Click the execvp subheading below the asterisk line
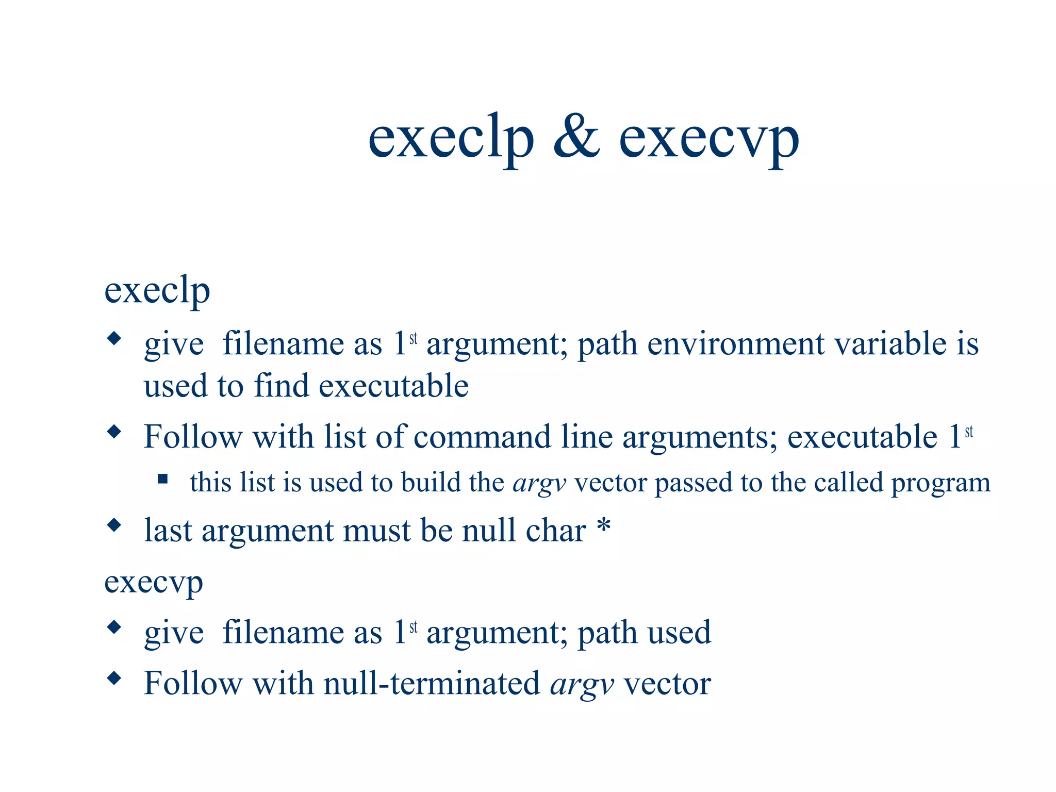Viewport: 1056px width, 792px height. click(154, 583)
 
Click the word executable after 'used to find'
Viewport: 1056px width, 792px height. click(394, 386)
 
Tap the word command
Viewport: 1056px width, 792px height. click(482, 437)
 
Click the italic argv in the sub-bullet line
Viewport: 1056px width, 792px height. click(539, 484)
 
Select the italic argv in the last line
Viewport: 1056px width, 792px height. click(582, 685)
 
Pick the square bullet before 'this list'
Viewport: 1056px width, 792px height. click(163, 480)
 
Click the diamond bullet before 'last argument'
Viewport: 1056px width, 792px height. click(114, 525)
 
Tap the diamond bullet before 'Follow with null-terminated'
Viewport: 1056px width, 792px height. click(114, 678)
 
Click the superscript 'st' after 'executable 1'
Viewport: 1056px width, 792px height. click(968, 431)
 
